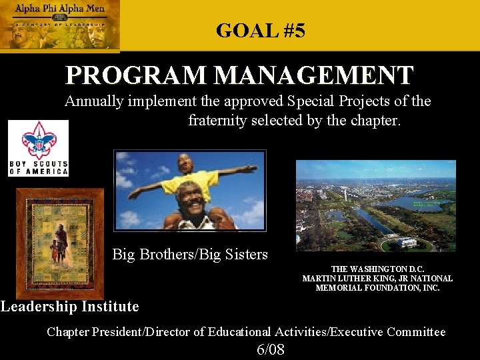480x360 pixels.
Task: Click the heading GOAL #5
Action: (261, 31)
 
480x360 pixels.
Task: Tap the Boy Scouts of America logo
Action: (38, 147)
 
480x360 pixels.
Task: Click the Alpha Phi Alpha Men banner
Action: (60, 25)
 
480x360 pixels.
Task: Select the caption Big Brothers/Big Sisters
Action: (190, 254)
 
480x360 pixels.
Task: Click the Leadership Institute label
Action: (70, 307)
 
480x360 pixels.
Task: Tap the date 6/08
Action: (271, 349)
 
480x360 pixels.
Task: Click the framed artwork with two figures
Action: (60, 241)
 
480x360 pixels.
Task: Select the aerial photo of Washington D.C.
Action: (375, 205)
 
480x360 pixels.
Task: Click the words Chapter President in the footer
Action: (93, 331)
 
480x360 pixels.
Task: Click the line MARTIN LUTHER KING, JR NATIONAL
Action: (377, 279)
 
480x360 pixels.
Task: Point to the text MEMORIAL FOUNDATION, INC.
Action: (377, 288)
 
